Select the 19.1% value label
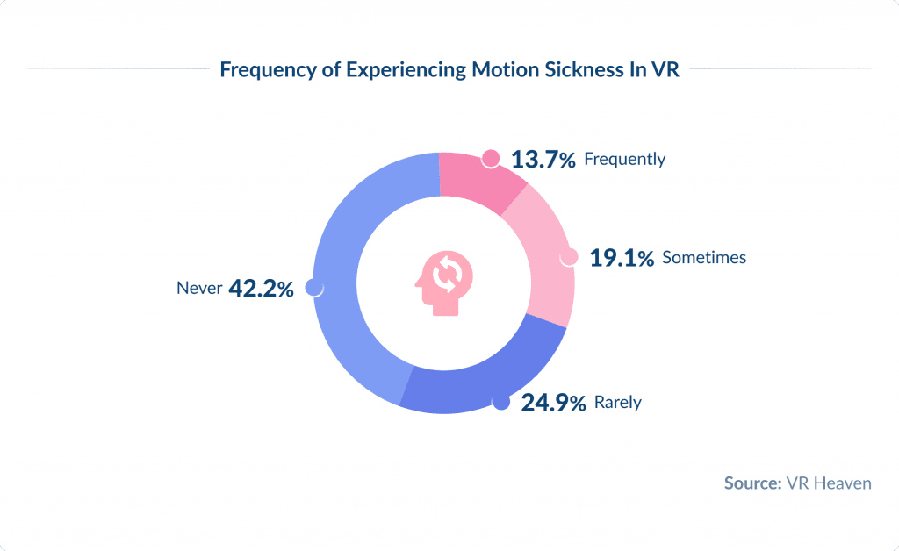pos(621,258)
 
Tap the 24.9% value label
pos(552,404)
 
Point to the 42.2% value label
pos(261,288)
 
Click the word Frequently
pos(624,160)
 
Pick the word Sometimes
pos(704,258)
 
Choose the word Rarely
pos(618,404)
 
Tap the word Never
pos(198,288)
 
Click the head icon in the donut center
pos(444,280)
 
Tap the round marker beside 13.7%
pos(492,159)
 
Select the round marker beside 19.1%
pos(569,257)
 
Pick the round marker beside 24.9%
pos(500,402)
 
